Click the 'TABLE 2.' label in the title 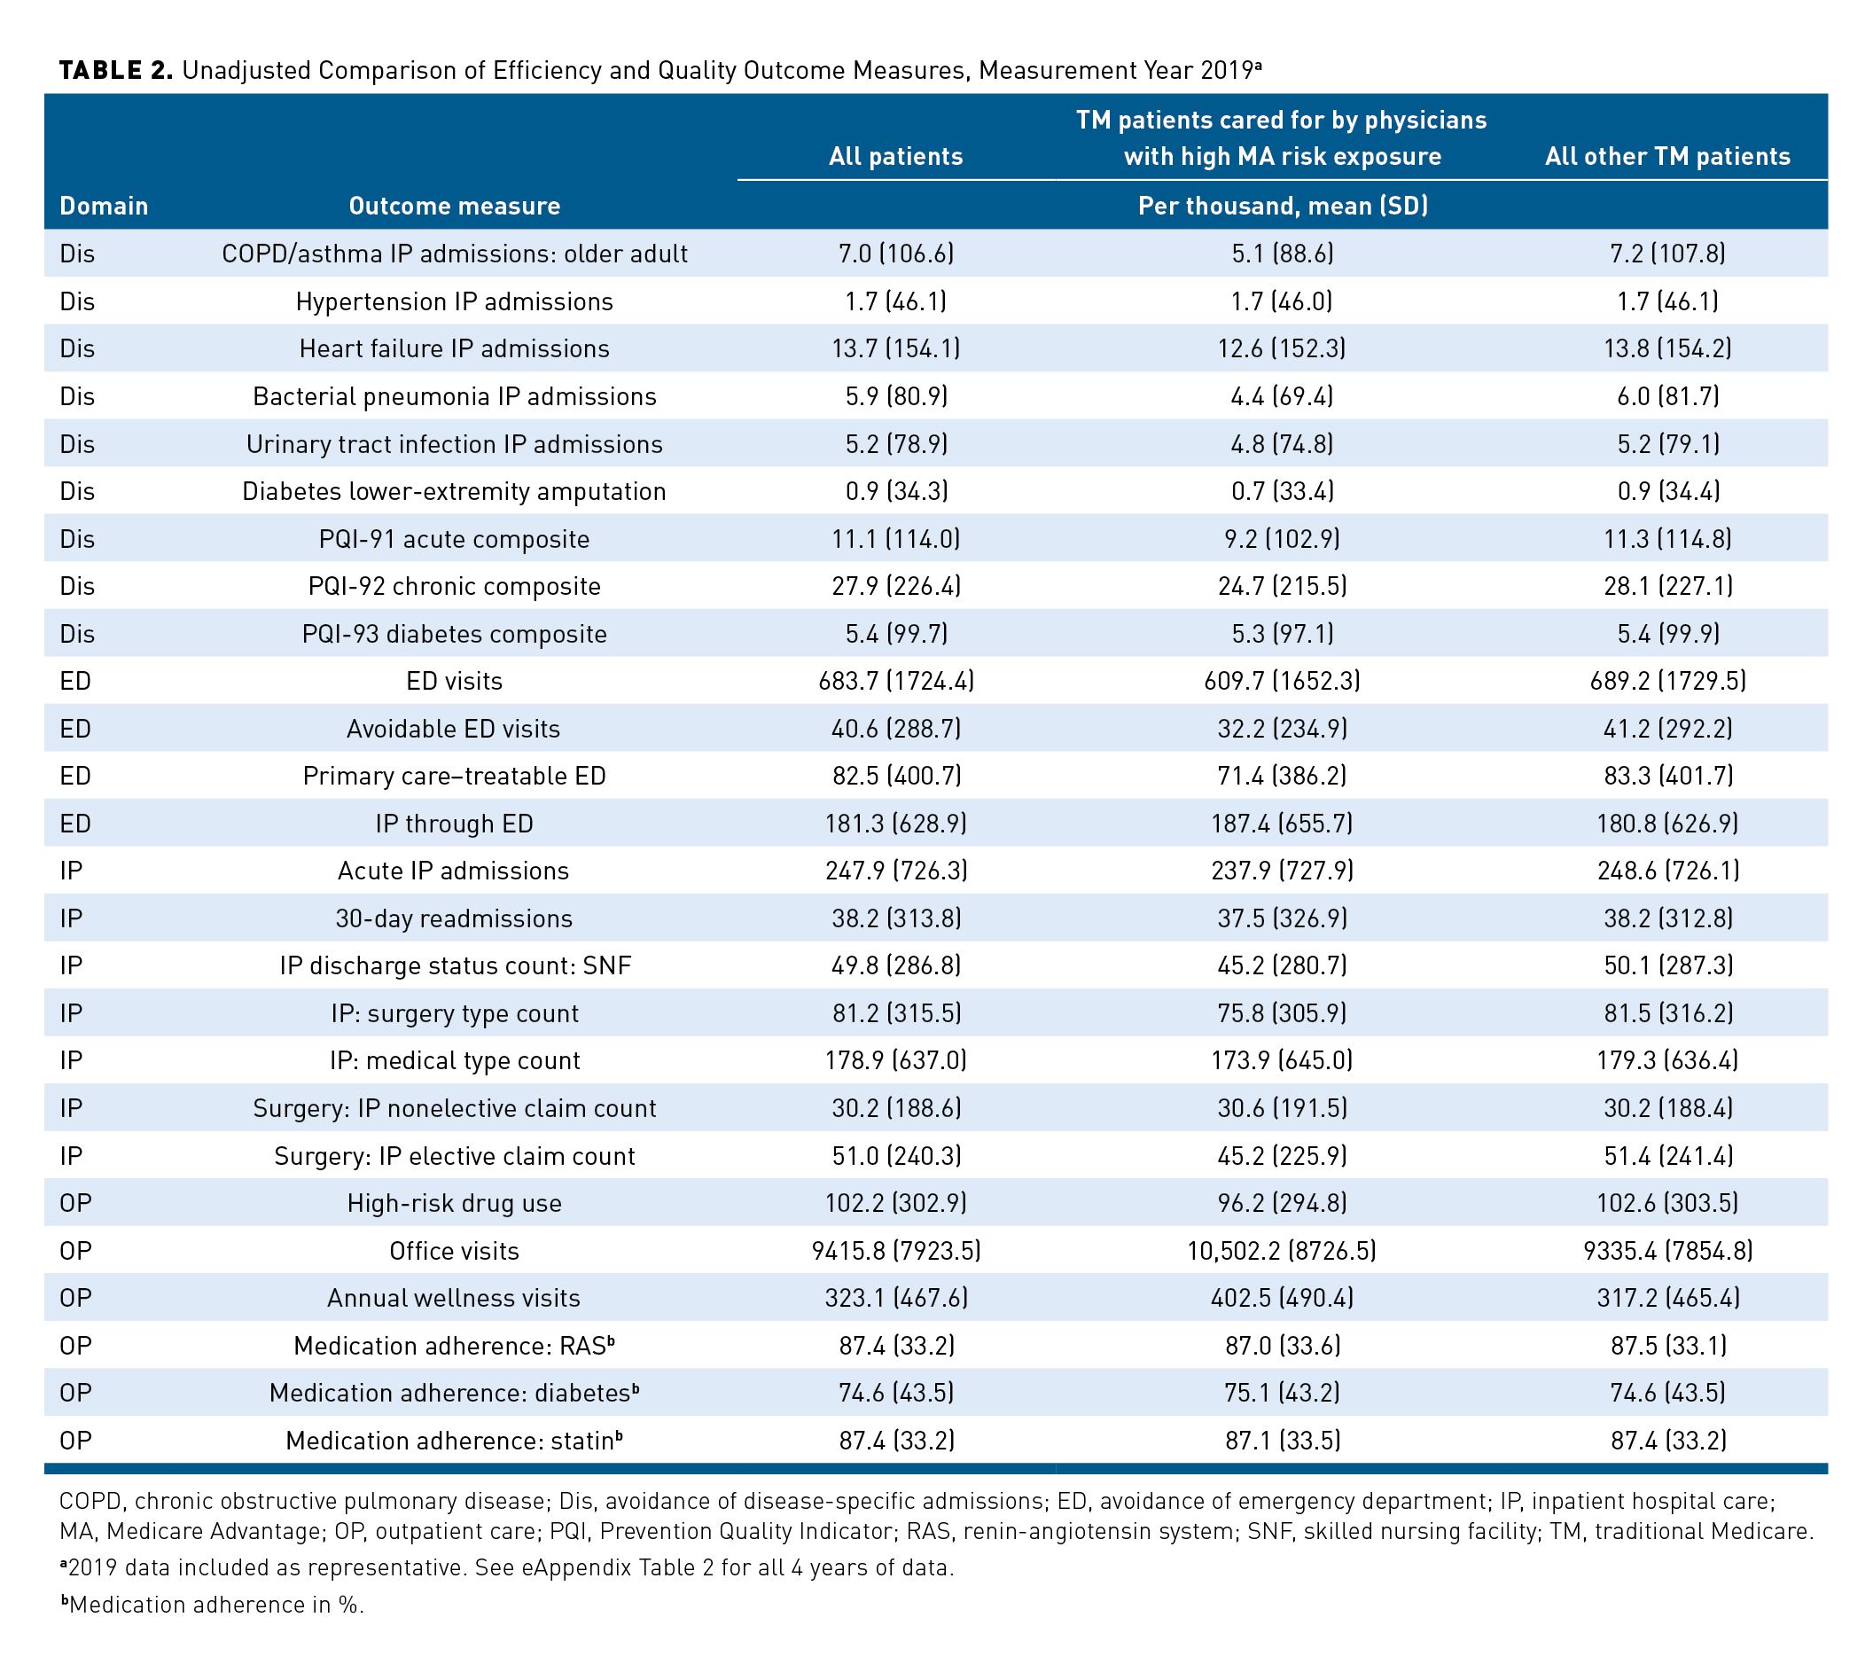tap(116, 71)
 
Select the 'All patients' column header tap(895, 156)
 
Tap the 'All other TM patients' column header tap(1667, 156)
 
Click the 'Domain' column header tap(104, 206)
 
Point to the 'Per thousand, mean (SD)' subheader tap(1283, 206)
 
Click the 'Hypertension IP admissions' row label tap(454, 301)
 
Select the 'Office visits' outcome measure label tap(454, 1250)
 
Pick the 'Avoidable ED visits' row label tap(454, 729)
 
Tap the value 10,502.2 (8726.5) tap(1283, 1250)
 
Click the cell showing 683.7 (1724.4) tap(895, 681)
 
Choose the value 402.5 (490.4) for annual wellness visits tap(1283, 1298)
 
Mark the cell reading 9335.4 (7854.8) tap(1667, 1250)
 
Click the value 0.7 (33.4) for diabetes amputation tap(1283, 490)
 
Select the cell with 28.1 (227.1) tap(1667, 586)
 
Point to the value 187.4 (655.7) tap(1283, 823)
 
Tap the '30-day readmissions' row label tap(454, 918)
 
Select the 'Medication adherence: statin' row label tap(454, 1440)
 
